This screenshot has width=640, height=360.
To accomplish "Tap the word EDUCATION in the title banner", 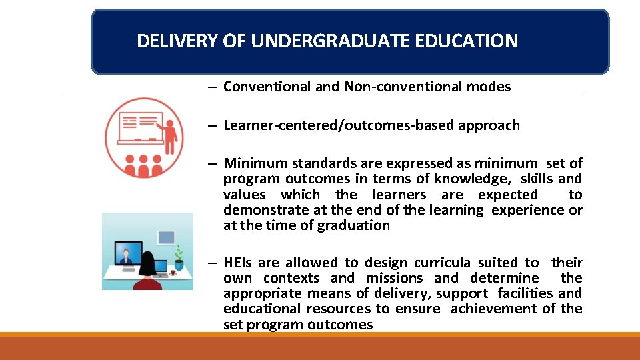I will pos(475,41).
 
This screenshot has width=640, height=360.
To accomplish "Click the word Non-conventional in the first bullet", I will pos(395,87).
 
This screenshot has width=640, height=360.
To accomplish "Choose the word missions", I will pos(394,278).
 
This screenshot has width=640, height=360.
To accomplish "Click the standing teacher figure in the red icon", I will pos(169,136).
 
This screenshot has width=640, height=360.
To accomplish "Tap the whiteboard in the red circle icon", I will pos(139,126).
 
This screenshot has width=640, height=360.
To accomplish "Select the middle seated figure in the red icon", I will pos(141,166).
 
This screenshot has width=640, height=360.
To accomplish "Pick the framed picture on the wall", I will pos(166,237).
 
